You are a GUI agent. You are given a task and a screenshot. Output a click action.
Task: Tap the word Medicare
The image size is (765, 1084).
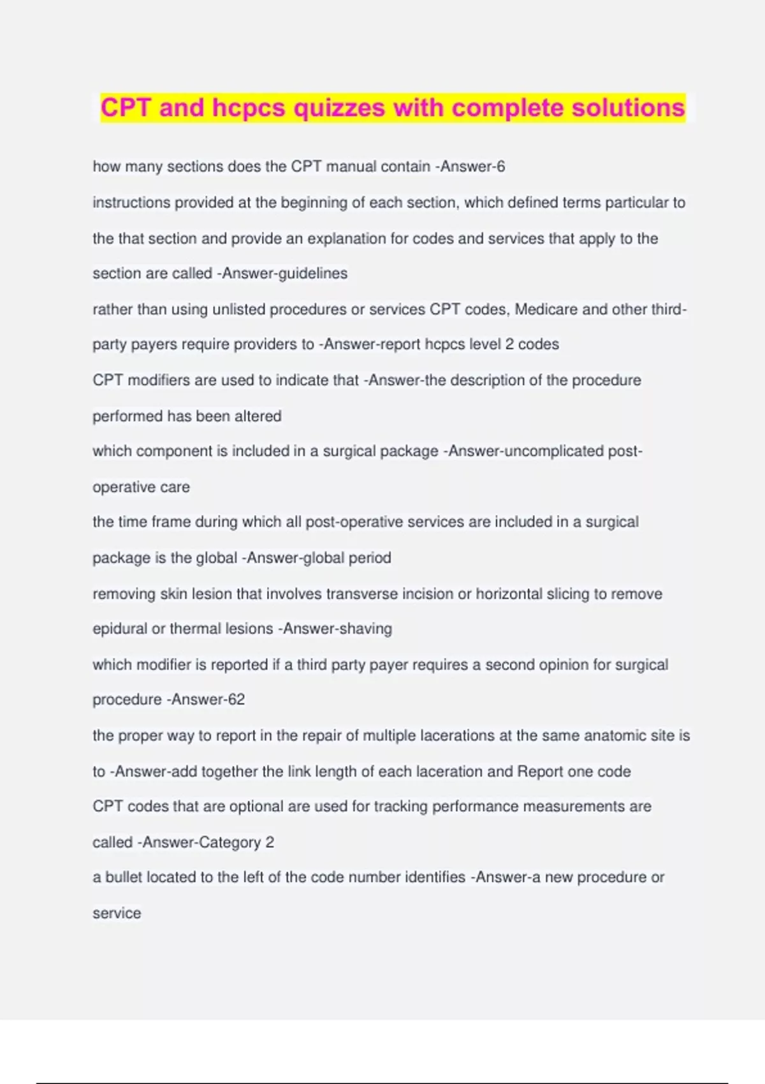pyautogui.click(x=546, y=309)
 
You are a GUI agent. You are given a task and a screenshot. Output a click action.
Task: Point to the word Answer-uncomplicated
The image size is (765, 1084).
pyautogui.click(x=526, y=451)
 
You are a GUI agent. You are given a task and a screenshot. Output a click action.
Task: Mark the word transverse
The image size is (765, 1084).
pyautogui.click(x=362, y=594)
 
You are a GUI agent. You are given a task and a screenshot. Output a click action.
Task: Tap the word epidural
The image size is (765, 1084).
pyautogui.click(x=120, y=629)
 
